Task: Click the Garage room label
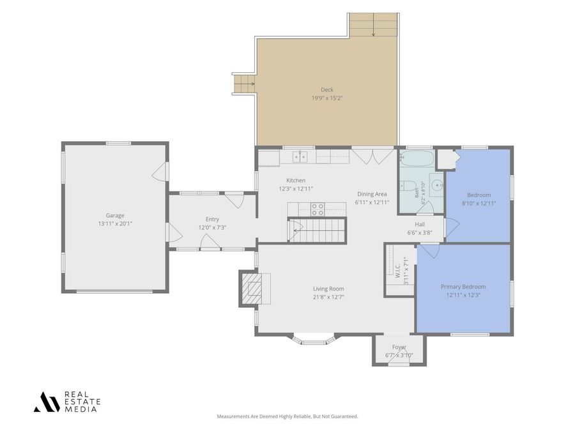[115, 216]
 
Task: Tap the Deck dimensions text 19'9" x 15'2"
[327, 98]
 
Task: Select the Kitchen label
[296, 180]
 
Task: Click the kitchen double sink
[300, 157]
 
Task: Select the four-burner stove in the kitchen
[318, 209]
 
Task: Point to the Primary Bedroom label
[463, 287]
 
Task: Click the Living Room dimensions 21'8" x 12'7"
[328, 297]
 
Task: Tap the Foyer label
[399, 347]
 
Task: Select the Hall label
[420, 224]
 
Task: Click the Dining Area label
[372, 194]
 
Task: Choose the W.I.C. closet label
[398, 271]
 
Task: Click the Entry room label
[212, 219]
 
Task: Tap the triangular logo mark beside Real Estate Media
[47, 402]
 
